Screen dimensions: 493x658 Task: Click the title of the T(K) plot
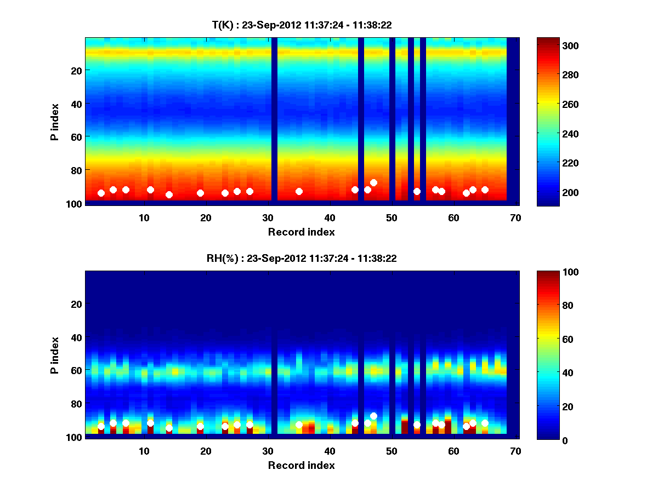coord(302,25)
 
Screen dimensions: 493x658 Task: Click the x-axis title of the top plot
coord(302,232)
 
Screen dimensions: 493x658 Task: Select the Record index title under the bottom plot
coord(302,466)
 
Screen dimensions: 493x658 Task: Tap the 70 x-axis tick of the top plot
coord(515,217)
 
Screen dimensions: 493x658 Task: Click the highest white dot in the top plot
coord(373,182)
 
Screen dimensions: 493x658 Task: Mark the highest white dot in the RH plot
coord(373,416)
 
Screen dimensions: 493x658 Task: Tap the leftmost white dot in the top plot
coord(101,193)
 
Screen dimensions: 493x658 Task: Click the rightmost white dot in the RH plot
coord(485,423)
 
